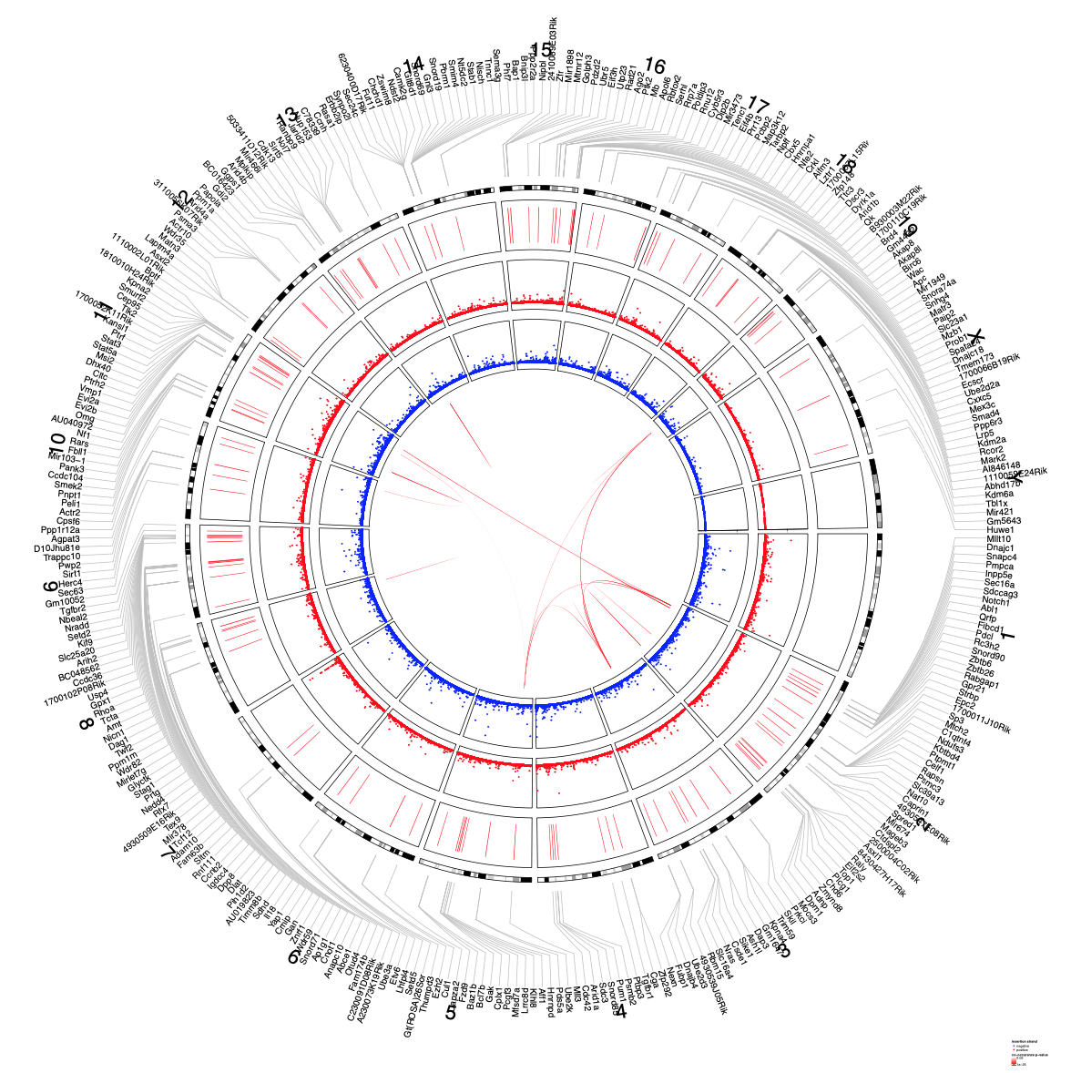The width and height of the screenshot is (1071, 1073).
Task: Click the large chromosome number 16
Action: pyautogui.click(x=654, y=66)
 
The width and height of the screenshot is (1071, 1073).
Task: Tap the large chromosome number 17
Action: pyautogui.click(x=759, y=107)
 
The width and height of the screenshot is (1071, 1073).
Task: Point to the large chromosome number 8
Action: pyautogui.click(x=87, y=723)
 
